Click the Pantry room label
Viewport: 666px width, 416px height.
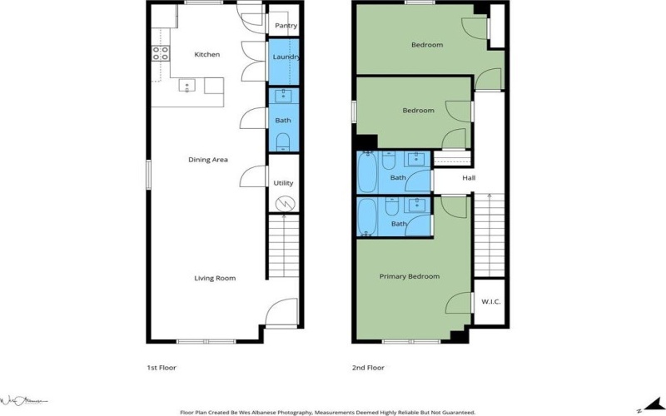[286, 26]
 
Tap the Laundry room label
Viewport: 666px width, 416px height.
[286, 57]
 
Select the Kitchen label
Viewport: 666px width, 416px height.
[207, 55]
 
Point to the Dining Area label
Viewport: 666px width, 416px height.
[208, 160]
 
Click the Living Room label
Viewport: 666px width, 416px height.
[215, 279]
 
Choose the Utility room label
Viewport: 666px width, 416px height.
[283, 183]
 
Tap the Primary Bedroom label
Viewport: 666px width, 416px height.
[410, 276]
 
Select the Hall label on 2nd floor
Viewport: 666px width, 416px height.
[469, 178]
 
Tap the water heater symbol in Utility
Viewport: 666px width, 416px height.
[284, 202]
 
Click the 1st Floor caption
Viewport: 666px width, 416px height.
[161, 367]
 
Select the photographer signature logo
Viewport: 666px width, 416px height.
[25, 401]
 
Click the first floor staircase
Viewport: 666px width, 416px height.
[284, 250]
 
